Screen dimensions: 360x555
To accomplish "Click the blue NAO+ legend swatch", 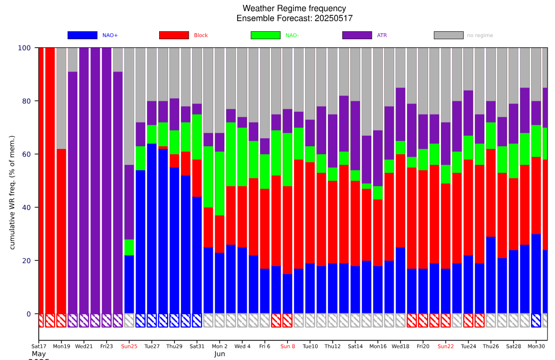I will (x=82, y=36).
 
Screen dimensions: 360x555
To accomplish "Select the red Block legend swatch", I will (x=174, y=36).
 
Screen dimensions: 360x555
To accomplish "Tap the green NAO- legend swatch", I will (x=265, y=36).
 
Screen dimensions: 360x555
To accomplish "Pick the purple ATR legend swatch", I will (x=357, y=36).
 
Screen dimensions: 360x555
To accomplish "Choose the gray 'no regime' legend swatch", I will (x=448, y=36).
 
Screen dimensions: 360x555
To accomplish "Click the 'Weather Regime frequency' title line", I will (x=294, y=8).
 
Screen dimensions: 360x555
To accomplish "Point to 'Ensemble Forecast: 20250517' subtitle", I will (x=294, y=19).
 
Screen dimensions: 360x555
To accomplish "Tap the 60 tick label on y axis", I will (x=24, y=154).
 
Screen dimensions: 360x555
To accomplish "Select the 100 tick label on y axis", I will (x=24, y=48).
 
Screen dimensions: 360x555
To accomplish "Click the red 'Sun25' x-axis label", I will (x=129, y=346).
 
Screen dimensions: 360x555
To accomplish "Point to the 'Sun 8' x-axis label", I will (x=288, y=346).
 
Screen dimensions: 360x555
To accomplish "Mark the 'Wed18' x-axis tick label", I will (x=401, y=346).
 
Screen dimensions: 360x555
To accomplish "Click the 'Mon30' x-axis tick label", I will (x=536, y=346).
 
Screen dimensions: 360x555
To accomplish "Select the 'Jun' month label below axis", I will (x=220, y=354).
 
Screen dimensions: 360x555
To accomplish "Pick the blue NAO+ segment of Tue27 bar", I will (x=152, y=228).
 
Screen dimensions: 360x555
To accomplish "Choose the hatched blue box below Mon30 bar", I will (x=536, y=320).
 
